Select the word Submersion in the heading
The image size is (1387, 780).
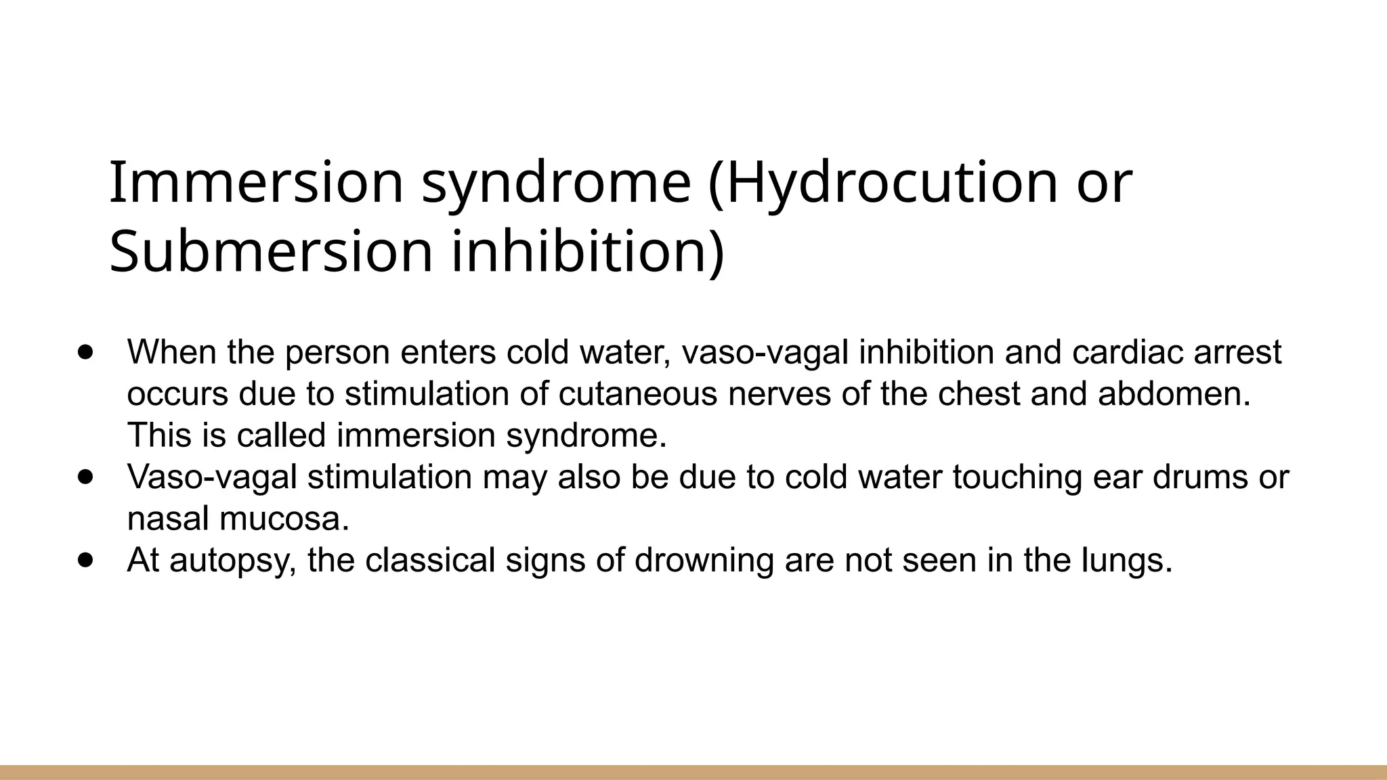click(x=270, y=253)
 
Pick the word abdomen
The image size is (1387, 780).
click(x=1174, y=394)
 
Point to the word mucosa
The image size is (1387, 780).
click(x=284, y=519)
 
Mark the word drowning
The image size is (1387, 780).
click(x=704, y=561)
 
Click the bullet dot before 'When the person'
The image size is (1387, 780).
click(x=85, y=352)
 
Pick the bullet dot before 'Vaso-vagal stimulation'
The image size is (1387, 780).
click(x=85, y=477)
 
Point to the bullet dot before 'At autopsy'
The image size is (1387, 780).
click(x=85, y=561)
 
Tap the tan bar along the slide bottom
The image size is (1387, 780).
click(x=693, y=772)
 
